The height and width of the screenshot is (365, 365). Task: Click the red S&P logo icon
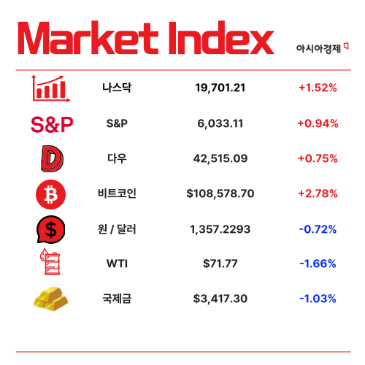click(52, 124)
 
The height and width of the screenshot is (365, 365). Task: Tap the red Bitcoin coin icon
click(52, 193)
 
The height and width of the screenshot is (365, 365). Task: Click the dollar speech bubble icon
click(52, 229)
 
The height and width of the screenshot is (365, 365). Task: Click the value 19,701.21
click(220, 88)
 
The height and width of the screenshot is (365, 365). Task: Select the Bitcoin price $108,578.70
click(220, 193)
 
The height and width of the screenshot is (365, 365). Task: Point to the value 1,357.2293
click(220, 229)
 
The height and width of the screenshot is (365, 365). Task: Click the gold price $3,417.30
click(220, 299)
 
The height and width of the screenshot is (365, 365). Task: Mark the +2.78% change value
click(317, 193)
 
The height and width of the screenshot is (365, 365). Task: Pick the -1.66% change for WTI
click(317, 264)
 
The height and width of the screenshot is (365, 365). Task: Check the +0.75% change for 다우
click(317, 158)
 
